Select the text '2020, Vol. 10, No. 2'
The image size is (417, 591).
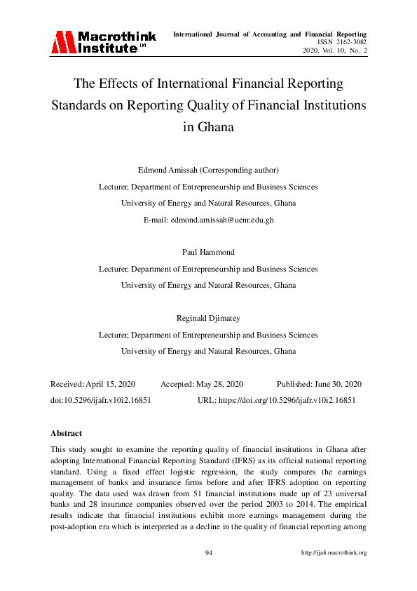point(334,51)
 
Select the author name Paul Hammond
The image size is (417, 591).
point(208,252)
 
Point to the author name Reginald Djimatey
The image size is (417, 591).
point(208,318)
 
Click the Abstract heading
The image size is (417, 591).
point(67,433)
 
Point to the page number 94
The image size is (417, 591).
point(208,552)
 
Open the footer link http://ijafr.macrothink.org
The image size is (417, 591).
point(334,552)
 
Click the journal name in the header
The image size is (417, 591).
point(269,34)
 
